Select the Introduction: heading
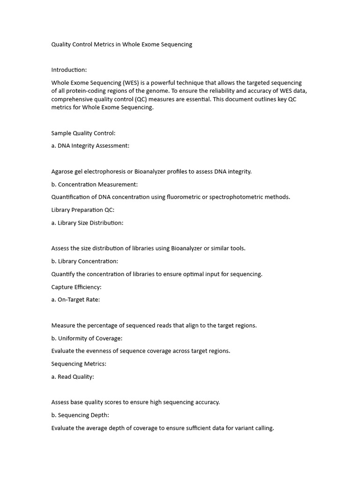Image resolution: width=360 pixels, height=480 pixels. (69, 70)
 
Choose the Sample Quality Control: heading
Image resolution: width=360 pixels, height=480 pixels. (83, 133)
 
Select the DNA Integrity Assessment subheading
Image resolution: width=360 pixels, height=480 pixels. (93, 146)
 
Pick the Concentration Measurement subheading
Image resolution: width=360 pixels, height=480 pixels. (97, 184)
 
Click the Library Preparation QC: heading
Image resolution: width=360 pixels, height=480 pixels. (82, 210)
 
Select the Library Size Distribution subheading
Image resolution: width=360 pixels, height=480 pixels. (90, 223)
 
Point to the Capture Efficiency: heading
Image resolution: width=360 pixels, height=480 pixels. (76, 287)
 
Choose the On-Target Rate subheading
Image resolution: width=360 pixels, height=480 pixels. (78, 300)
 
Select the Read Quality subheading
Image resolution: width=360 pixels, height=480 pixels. (75, 377)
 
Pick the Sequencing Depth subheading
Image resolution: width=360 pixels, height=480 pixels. (83, 415)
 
